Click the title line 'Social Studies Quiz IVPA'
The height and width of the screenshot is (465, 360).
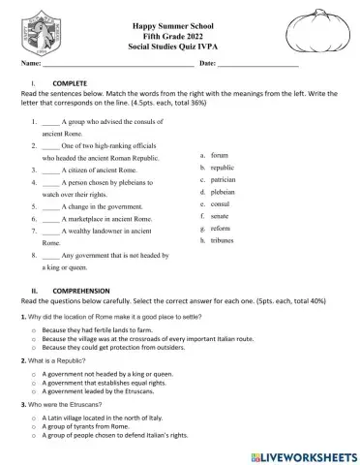point(180,46)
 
